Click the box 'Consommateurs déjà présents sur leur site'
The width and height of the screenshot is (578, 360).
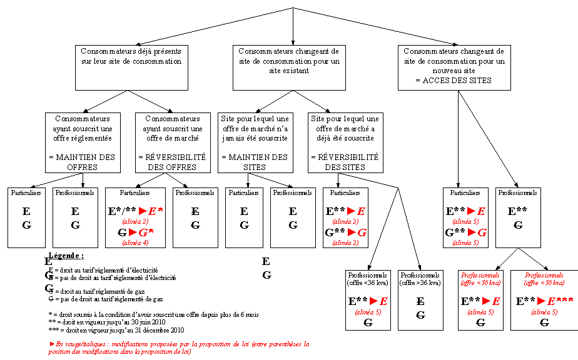click(131, 67)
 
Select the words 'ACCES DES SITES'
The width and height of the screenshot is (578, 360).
click(453, 81)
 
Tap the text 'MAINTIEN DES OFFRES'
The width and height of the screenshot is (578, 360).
click(81, 162)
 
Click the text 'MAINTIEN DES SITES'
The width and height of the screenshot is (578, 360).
click(254, 162)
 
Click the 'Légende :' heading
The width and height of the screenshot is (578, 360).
click(66, 256)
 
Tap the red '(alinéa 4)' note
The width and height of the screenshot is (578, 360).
click(135, 242)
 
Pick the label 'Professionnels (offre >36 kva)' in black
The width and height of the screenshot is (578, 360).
click(419, 279)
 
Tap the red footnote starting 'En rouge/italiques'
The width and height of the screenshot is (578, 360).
click(178, 347)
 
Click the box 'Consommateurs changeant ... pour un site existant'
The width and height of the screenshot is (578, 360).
click(288, 67)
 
